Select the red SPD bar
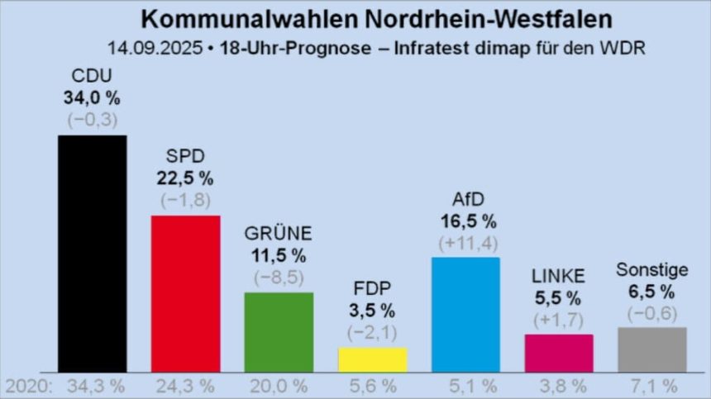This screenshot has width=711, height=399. (185, 293)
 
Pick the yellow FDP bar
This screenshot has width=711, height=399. (373, 359)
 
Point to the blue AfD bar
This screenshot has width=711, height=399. (465, 314)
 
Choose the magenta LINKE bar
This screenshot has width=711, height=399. (559, 353)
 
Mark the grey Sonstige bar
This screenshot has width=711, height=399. (652, 349)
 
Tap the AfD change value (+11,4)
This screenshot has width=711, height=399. (465, 244)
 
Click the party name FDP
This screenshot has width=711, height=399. (373, 289)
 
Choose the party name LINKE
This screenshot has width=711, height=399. (559, 276)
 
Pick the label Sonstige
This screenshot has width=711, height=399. (652, 270)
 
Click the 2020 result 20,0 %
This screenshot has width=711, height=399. (279, 386)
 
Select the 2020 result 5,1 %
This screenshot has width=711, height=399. (465, 386)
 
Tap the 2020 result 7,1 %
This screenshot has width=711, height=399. (652, 386)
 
